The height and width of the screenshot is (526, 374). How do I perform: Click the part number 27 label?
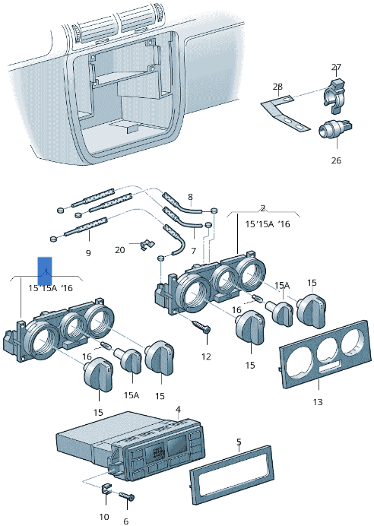coord(336,67)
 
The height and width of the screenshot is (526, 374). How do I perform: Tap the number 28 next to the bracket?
coord(277,87)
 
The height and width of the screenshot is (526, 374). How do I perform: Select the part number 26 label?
coord(336,160)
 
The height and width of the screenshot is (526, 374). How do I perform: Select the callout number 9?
coord(87,252)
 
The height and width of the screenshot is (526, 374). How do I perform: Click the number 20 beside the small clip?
coord(120,249)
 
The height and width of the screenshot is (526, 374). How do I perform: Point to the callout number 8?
coord(190,197)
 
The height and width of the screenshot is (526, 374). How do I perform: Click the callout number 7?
coord(193,250)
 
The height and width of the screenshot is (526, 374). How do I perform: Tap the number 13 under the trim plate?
coord(318,401)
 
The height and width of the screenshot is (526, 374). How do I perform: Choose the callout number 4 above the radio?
coord(178,410)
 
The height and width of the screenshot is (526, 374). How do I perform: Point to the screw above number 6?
coord(127,497)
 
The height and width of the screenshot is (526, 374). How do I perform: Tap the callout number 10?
coord(104,518)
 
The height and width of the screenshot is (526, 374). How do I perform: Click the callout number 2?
coord(263,208)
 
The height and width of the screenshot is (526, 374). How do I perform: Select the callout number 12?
coord(206,356)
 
